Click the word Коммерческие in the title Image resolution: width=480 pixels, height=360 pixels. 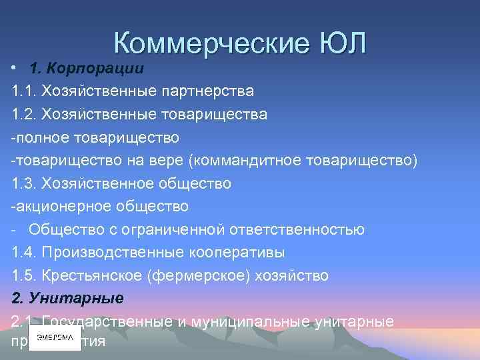tap(208, 43)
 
